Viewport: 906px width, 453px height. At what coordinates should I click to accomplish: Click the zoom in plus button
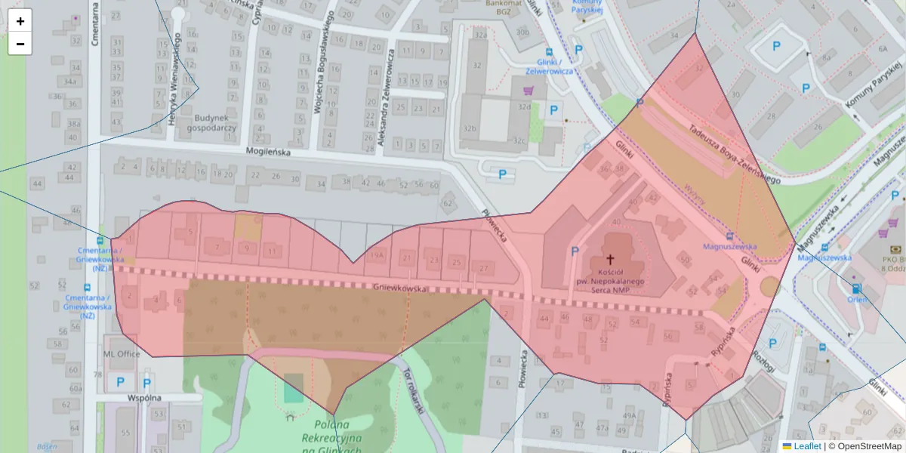point(20,21)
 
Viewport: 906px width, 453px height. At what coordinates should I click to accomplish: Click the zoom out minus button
point(20,44)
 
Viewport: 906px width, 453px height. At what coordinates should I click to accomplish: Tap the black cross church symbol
point(610,258)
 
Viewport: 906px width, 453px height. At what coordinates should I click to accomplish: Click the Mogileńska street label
point(269,151)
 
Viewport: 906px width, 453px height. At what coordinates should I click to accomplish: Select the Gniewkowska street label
point(400,288)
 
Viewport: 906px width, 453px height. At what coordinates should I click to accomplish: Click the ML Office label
point(122,353)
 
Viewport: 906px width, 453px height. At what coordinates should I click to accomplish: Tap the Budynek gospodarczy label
point(215,123)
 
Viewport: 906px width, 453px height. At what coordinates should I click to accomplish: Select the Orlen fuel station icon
point(855,288)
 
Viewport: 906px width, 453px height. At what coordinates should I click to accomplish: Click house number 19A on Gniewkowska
point(377,256)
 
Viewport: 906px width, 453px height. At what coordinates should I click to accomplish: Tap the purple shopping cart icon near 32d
point(528,91)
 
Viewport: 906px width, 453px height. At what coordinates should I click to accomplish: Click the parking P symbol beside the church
point(575,251)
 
